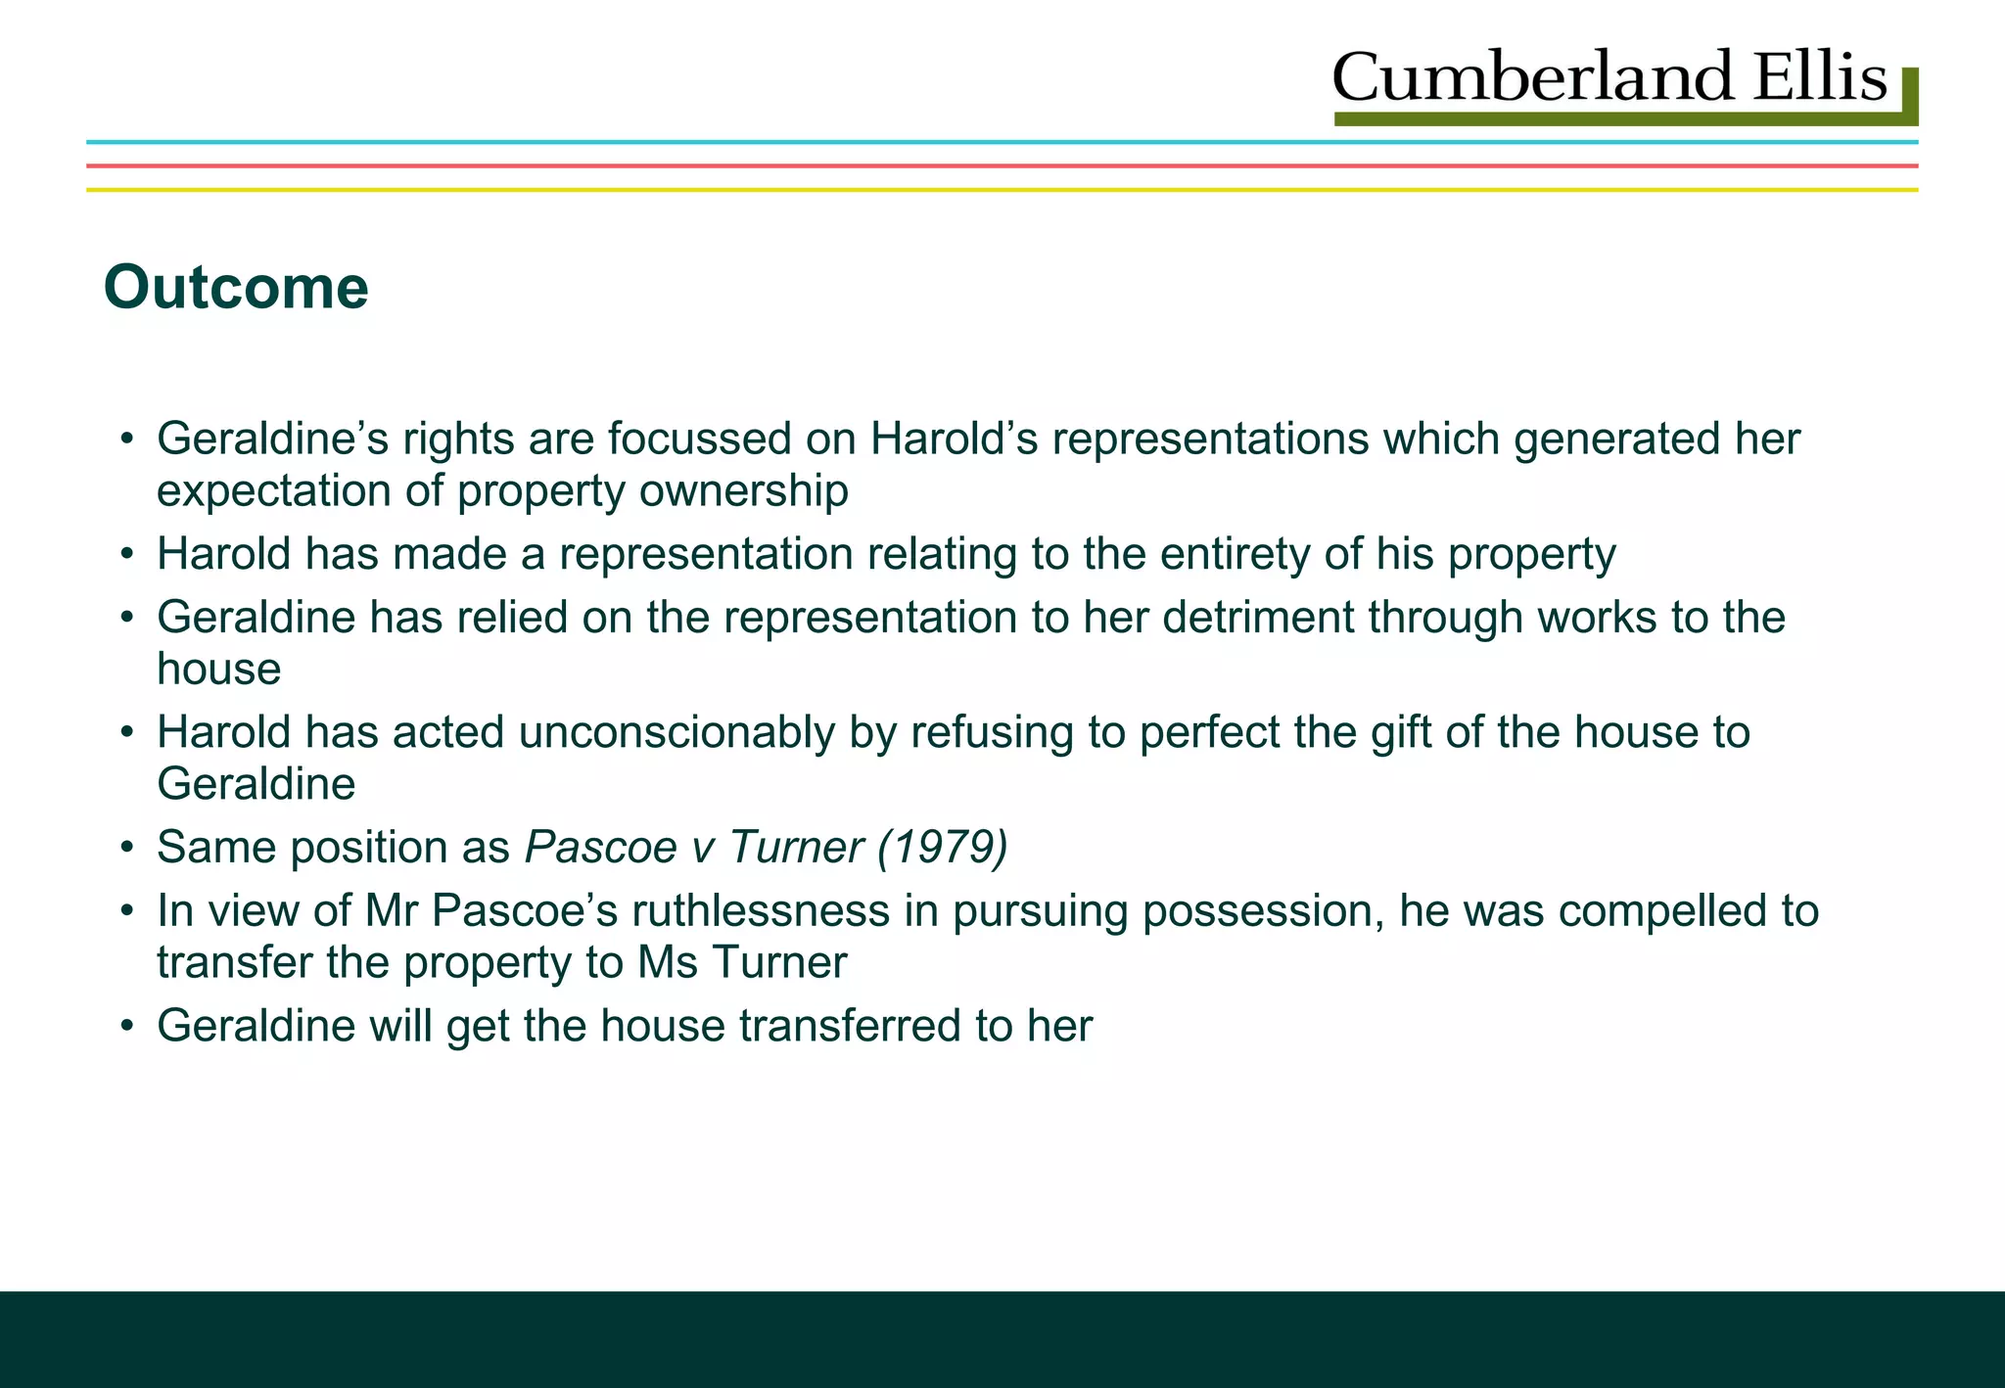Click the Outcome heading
tap(236, 288)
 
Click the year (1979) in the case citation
tap(943, 847)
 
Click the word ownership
tap(743, 490)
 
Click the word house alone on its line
tap(218, 670)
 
